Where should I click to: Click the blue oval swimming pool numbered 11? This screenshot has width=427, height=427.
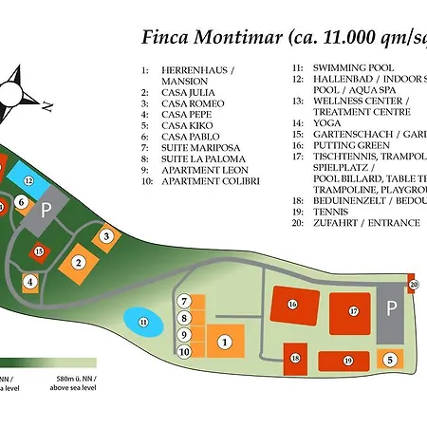(143, 323)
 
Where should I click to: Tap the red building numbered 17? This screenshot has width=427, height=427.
(352, 311)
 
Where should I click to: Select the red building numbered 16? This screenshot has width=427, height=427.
(293, 304)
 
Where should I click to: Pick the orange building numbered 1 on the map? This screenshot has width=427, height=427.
(225, 340)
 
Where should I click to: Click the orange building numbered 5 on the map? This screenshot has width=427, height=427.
(388, 360)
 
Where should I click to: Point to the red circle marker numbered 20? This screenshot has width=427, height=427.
(414, 284)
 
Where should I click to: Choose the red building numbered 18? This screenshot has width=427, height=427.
(296, 358)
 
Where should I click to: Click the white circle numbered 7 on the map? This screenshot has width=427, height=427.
(185, 302)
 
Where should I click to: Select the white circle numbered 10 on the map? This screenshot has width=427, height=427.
(185, 351)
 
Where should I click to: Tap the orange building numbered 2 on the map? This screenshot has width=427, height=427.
(80, 263)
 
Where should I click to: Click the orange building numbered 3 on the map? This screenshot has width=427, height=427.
(107, 236)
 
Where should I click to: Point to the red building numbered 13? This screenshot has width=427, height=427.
(39, 251)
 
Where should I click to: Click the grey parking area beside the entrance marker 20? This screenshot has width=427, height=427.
(389, 308)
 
